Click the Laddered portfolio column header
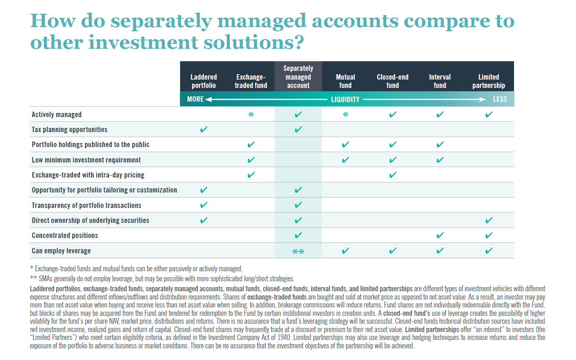click(x=203, y=81)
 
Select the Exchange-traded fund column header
click(x=251, y=81)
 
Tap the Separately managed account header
click(x=298, y=77)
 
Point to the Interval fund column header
click(x=440, y=81)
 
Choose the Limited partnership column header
click(x=489, y=81)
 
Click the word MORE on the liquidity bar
click(x=195, y=99)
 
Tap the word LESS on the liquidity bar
click(x=500, y=99)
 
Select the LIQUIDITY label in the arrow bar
click(x=345, y=100)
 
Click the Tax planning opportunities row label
click(x=70, y=130)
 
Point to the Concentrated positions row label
click(x=65, y=235)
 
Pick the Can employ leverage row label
click(x=61, y=251)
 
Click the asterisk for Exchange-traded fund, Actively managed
click(x=251, y=115)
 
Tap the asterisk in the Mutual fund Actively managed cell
click(x=345, y=115)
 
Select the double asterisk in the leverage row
click(x=298, y=251)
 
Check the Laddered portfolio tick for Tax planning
click(x=203, y=130)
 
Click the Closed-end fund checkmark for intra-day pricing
click(x=392, y=175)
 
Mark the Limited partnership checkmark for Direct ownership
click(x=489, y=220)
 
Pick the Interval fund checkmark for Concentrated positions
click(x=440, y=235)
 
